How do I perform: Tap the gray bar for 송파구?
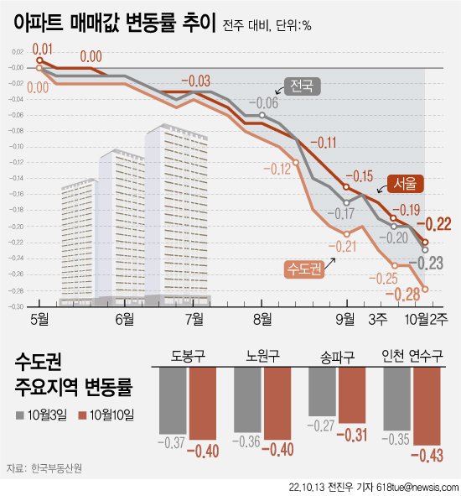pos(323,392)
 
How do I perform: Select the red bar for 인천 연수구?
pos(426,407)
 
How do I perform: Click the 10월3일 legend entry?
pos(46,414)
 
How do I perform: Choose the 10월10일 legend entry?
pos(108,414)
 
